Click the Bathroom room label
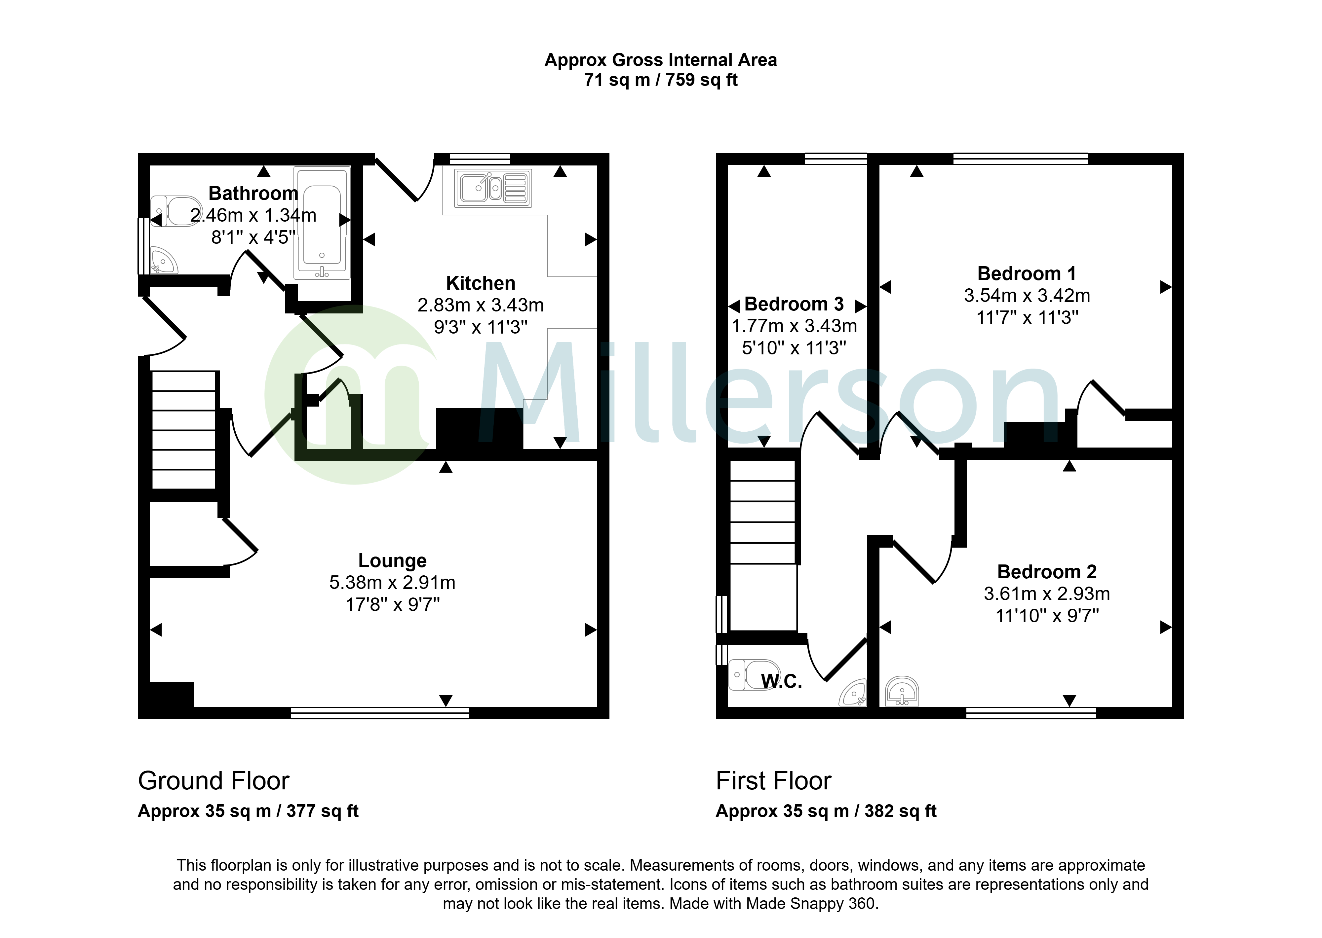(253, 193)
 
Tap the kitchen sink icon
(493, 188)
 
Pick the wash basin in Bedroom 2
(901, 691)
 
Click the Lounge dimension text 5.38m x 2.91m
(392, 582)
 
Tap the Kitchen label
(481, 283)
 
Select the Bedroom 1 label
(1027, 273)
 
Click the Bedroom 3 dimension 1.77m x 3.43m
(795, 326)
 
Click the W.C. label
(782, 682)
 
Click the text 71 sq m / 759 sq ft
(661, 80)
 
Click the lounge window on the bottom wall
(380, 713)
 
